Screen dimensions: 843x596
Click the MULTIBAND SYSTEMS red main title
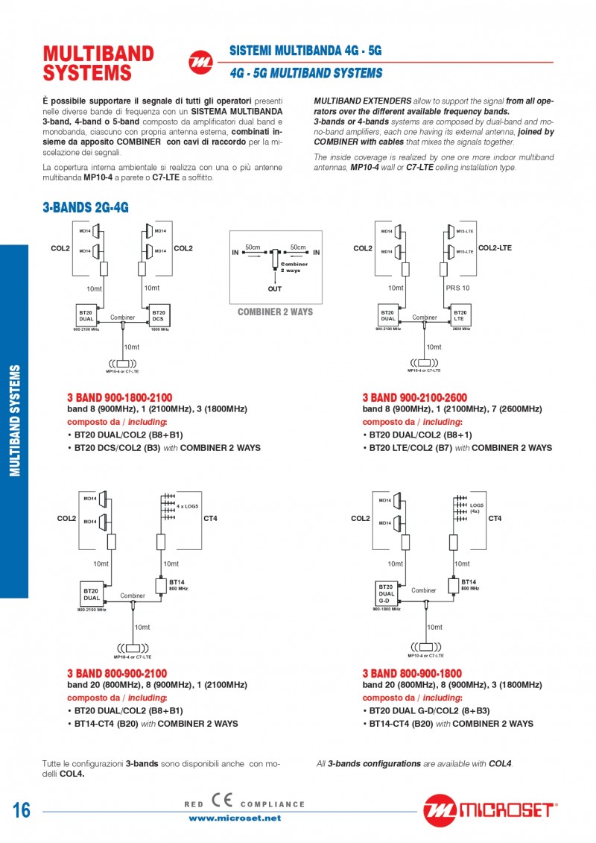tap(98, 63)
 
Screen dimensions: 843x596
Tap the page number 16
tap(22, 810)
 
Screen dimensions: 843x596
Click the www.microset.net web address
tap(235, 818)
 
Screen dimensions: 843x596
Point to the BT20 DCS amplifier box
tap(159, 315)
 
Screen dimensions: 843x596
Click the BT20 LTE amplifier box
tap(460, 315)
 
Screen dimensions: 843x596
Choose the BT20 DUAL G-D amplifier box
tap(385, 593)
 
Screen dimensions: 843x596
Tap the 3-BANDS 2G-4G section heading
tap(86, 208)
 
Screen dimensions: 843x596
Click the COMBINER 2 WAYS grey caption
tap(275, 312)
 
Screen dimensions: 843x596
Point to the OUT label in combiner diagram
tap(275, 288)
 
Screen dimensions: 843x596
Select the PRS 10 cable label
tap(457, 288)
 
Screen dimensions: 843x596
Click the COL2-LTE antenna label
tap(495, 247)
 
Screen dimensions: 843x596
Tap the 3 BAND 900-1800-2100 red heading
tap(120, 398)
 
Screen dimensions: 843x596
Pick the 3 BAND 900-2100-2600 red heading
tap(415, 398)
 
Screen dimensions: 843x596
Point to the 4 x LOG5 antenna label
tap(187, 506)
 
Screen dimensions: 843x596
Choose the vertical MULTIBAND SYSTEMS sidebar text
tap(14, 420)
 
